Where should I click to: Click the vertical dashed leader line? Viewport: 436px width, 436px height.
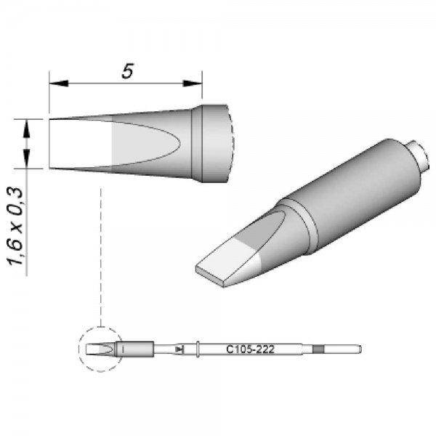pyautogui.click(x=101, y=254)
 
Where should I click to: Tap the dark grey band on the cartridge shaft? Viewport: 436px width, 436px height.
pyautogui.click(x=318, y=350)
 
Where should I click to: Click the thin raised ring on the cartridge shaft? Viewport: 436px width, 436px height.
pyautogui.click(x=198, y=350)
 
